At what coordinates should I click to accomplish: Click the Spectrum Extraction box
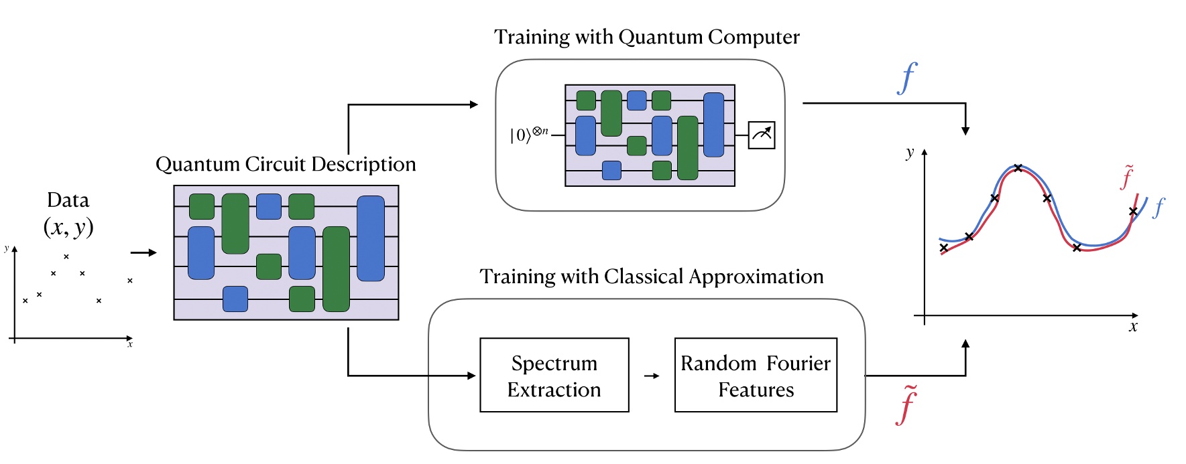click(x=554, y=375)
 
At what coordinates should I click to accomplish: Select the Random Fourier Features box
click(x=756, y=375)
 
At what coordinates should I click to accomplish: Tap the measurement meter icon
click(x=762, y=135)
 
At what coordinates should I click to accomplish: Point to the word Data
click(x=68, y=200)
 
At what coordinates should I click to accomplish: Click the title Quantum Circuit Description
click(x=286, y=164)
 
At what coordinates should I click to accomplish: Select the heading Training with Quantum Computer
click(x=646, y=37)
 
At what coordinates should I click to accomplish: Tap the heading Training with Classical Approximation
click(x=651, y=277)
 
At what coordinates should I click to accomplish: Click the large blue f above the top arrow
click(x=907, y=78)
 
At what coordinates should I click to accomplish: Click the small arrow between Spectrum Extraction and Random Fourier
click(x=652, y=376)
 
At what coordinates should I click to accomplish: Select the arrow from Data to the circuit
click(x=143, y=252)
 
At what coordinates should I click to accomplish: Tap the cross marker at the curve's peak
click(x=1018, y=168)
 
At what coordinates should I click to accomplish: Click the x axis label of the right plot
click(x=1133, y=327)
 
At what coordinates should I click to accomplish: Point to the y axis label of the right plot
click(x=910, y=153)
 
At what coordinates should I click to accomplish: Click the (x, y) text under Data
click(x=68, y=227)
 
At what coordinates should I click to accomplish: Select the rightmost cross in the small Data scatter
click(x=130, y=281)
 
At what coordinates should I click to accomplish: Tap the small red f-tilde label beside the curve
click(x=1127, y=177)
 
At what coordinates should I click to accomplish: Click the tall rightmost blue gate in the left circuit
click(x=371, y=238)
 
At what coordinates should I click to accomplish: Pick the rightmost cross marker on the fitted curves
click(x=1133, y=212)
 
